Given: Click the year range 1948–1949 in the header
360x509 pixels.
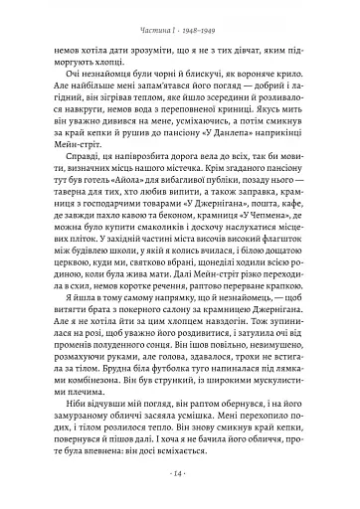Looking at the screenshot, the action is click(211, 27).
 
